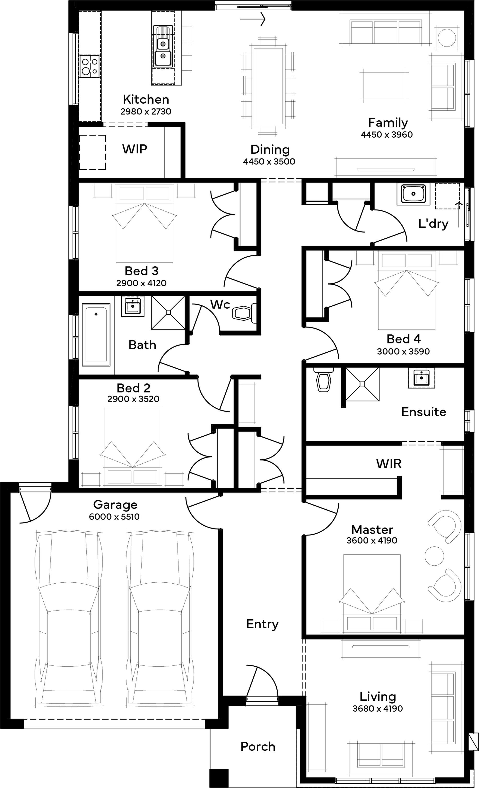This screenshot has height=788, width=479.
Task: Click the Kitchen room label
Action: [x=146, y=100]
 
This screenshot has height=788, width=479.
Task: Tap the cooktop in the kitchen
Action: [x=90, y=67]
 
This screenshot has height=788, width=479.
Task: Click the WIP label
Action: [x=135, y=149]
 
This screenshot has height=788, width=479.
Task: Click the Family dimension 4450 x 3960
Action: [x=387, y=135]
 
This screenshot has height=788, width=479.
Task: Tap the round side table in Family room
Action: [x=447, y=38]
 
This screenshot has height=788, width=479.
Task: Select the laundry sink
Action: [x=413, y=194]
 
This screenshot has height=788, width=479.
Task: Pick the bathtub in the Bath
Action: [x=96, y=334]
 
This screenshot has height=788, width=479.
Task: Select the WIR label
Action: [x=389, y=463]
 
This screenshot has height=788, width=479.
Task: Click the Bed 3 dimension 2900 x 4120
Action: [x=142, y=283]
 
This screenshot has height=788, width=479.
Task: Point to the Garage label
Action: [x=115, y=504]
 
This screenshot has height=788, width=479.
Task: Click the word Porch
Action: [x=258, y=746]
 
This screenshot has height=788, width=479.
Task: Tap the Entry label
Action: [x=262, y=624]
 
